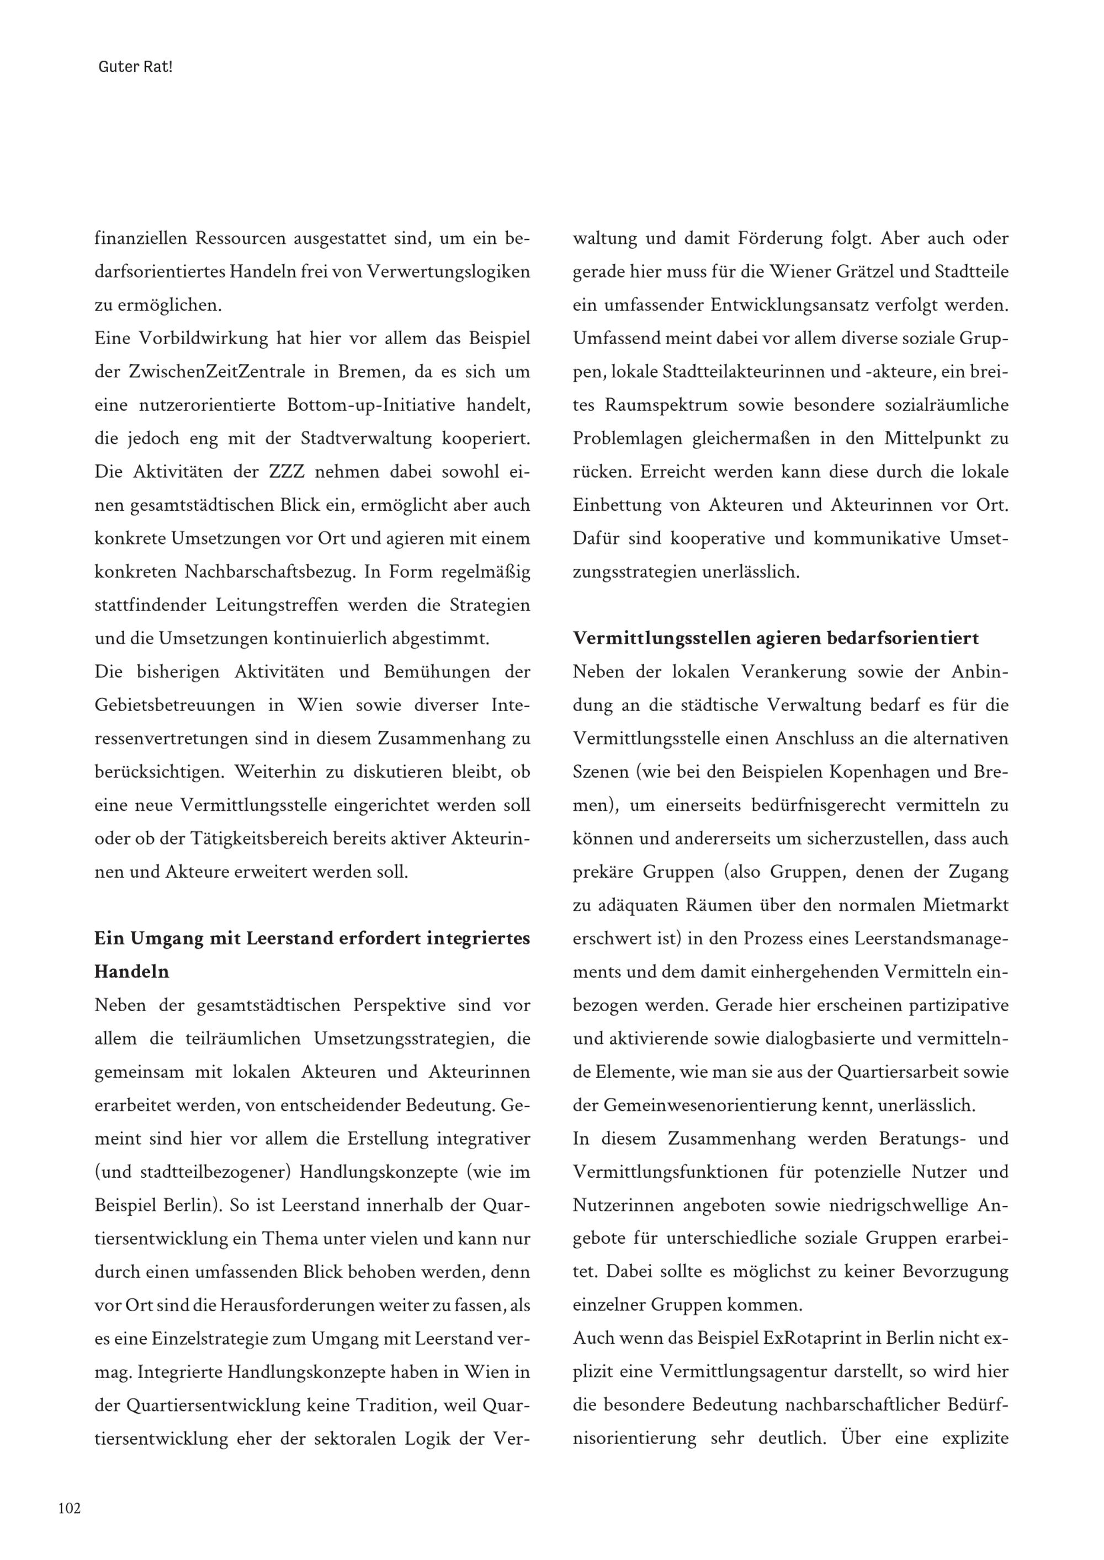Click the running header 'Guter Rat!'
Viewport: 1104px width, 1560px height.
point(135,68)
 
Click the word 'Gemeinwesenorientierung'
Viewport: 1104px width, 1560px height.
point(713,1105)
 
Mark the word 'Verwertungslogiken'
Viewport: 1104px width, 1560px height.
point(448,273)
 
